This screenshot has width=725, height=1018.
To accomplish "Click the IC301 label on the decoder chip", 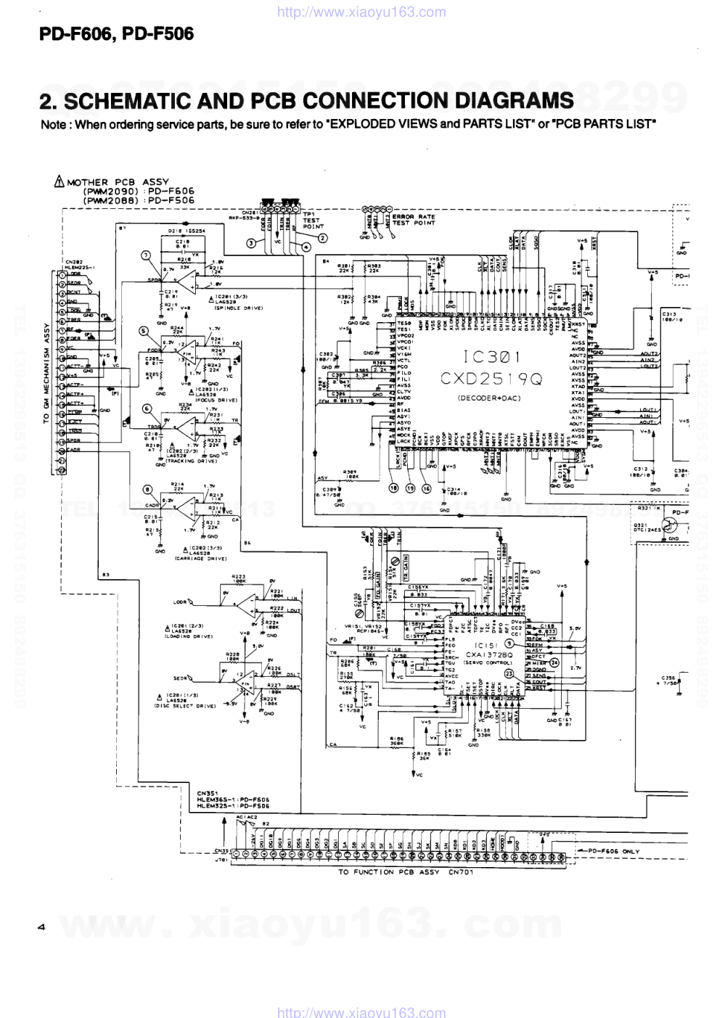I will pos(492,357).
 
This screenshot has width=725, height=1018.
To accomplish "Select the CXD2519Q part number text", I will pos(491,379).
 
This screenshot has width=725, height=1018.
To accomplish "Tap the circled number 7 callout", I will pos(145,254).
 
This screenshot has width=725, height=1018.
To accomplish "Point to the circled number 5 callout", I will pos(144,330).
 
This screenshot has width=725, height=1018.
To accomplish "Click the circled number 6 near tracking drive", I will pos(147,409).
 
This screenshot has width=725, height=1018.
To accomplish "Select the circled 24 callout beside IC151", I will pos(554,662).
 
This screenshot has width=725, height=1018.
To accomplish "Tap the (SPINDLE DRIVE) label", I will pos(238,308).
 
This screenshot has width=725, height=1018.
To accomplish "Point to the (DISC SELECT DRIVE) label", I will pos(186,706).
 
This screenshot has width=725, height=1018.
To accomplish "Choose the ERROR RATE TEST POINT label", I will pos(414,220).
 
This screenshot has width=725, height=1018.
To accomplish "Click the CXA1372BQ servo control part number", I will pos(489,654).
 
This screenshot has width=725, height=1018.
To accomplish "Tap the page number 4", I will pos(42,927).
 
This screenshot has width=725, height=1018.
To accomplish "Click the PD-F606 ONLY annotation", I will pos(614,851).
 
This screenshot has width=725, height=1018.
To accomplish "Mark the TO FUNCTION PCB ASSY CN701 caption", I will pos(406,871).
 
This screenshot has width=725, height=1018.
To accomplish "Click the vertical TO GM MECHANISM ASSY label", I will pos(46,373).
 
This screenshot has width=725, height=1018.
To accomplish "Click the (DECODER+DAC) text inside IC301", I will pos(488,398).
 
